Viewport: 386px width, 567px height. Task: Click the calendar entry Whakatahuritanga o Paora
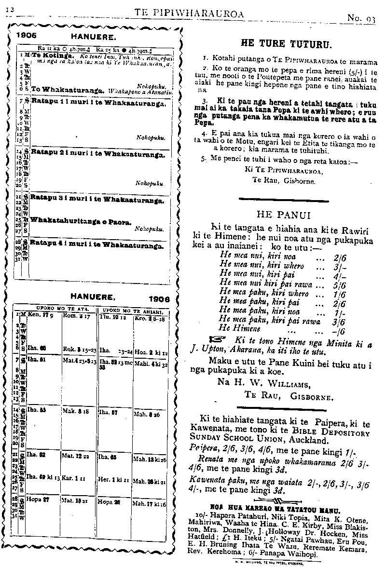pos(81,221)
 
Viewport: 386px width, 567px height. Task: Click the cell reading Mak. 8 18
pos(74,412)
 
